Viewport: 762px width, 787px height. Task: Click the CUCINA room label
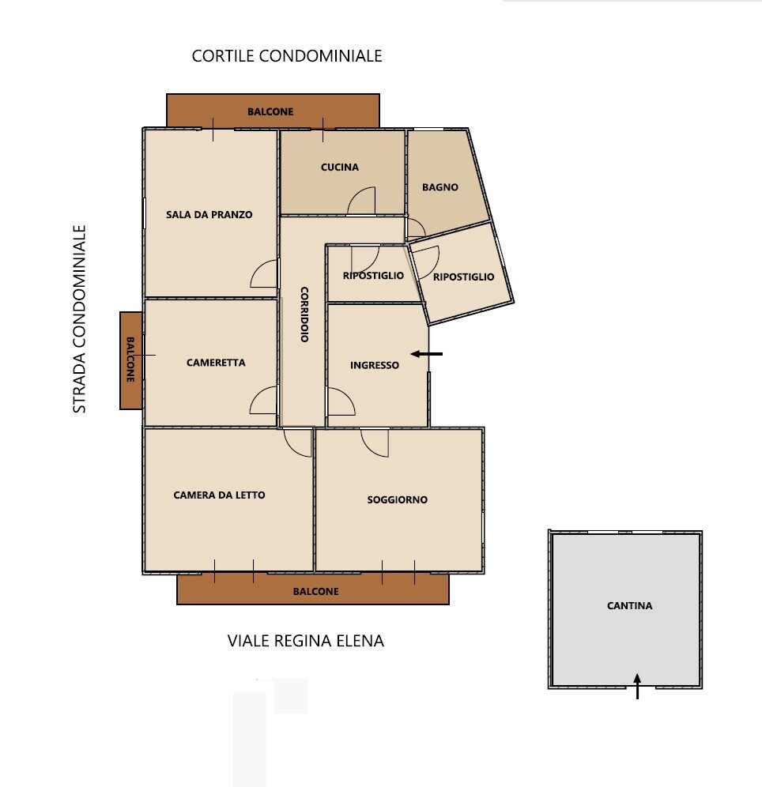(340, 168)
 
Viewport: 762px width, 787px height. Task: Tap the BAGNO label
(440, 187)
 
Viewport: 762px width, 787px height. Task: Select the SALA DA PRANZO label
(209, 215)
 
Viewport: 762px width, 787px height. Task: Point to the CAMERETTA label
(216, 363)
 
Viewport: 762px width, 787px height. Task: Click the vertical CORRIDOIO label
(304, 314)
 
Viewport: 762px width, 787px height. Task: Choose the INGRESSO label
(375, 365)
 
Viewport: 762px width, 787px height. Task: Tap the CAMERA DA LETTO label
(220, 495)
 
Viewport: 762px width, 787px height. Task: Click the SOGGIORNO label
(397, 499)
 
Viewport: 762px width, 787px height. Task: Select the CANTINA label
(629, 606)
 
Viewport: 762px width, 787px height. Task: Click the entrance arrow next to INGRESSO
(427, 354)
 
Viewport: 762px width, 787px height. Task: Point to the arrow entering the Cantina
(637, 686)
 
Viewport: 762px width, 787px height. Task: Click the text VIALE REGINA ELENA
(306, 641)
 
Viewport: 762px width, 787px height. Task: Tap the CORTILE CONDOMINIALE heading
(287, 56)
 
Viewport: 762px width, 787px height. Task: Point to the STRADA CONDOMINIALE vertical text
(79, 319)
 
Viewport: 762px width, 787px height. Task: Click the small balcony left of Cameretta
(130, 360)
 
